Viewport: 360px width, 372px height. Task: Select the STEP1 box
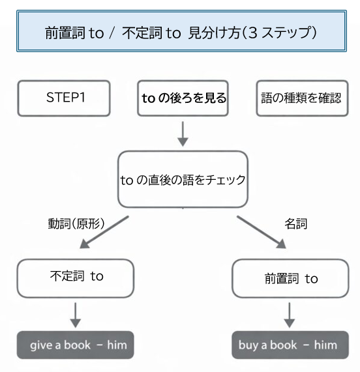point(65,98)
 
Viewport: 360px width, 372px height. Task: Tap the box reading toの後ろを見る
point(184,98)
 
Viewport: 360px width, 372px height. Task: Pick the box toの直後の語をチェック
point(183,180)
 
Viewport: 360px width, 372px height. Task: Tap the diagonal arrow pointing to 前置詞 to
point(262,232)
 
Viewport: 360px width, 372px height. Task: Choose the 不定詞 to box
point(76,278)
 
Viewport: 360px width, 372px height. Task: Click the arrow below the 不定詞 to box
point(76,315)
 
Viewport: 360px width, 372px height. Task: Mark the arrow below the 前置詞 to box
point(290,315)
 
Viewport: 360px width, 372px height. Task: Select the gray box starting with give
point(76,345)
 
